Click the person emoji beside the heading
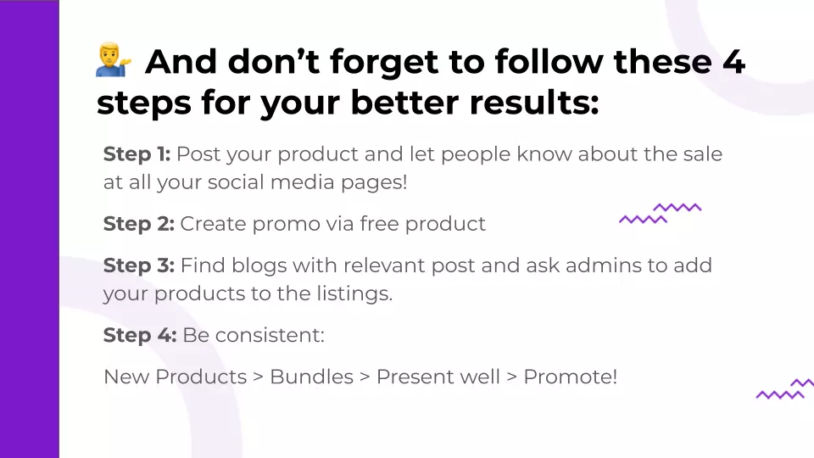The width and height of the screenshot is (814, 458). tap(113, 59)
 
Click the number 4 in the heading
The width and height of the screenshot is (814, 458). tap(733, 61)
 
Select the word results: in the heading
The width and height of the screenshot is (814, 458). tap(534, 103)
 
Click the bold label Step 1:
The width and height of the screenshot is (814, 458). tap(137, 154)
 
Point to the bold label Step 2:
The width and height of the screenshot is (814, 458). tap(138, 224)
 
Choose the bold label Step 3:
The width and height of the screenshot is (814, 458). tap(138, 265)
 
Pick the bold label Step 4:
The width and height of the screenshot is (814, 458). tap(140, 335)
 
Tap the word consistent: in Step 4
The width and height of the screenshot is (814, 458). tap(270, 336)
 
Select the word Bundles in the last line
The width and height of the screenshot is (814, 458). tap(311, 377)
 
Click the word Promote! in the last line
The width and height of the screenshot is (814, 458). tap(570, 377)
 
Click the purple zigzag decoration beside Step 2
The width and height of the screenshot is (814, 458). tap(660, 214)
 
